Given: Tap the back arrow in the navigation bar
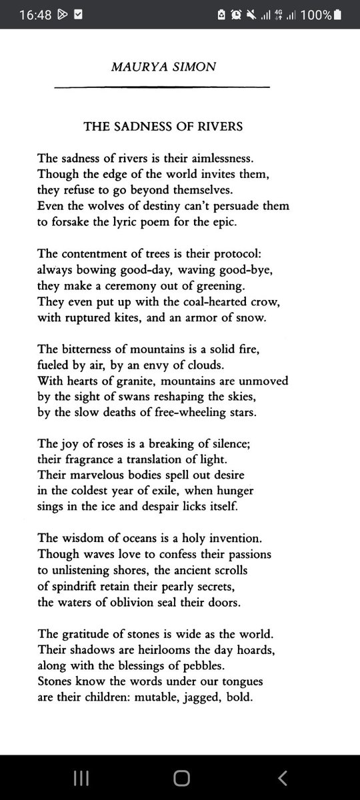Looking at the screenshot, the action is point(283,777).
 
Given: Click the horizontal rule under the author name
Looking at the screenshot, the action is point(161,87).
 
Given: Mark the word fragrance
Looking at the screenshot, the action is point(89,459).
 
